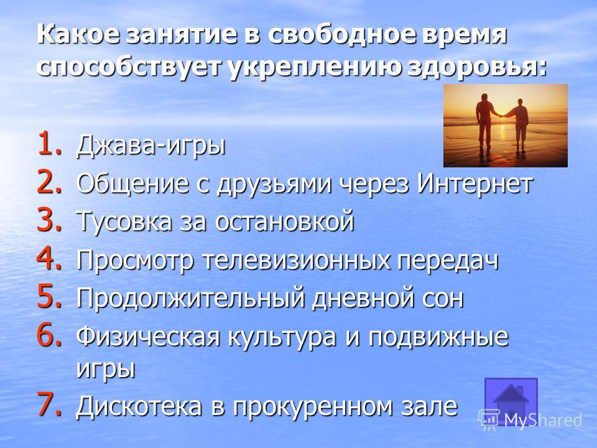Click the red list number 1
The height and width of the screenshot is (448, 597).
(49, 143)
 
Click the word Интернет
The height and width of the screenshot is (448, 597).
(474, 183)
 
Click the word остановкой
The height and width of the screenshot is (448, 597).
(284, 221)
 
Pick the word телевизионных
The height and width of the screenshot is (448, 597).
(296, 259)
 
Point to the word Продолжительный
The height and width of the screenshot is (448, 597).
(191, 298)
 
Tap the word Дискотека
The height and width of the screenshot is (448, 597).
(139, 406)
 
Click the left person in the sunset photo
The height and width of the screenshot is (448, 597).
(485, 121)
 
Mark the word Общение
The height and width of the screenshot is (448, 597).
(143, 184)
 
